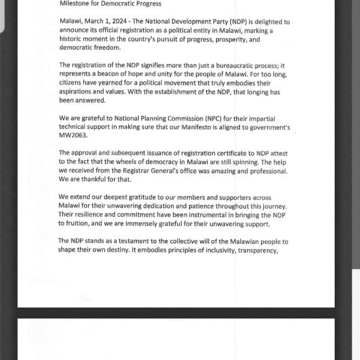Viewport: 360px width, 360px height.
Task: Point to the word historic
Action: click(73, 40)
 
